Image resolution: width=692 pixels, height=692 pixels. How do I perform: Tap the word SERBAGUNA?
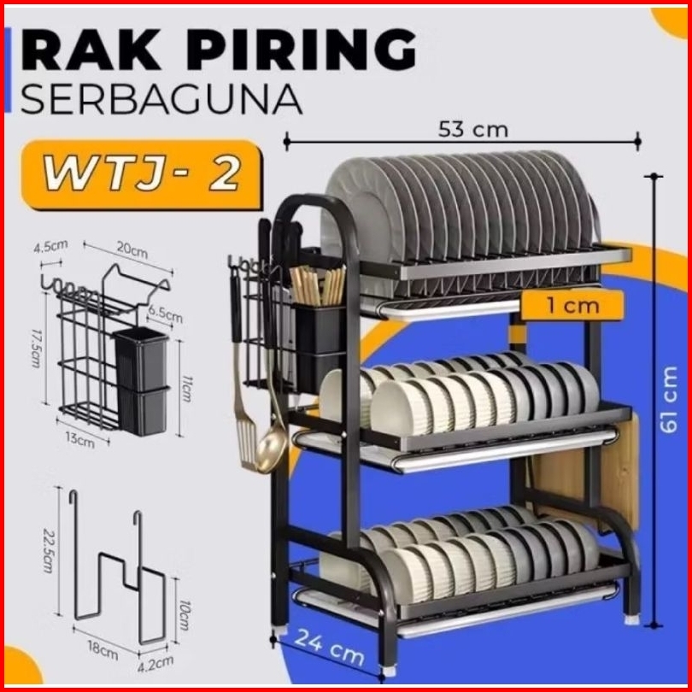[x=161, y=99]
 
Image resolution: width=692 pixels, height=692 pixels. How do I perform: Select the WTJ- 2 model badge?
[x=142, y=174]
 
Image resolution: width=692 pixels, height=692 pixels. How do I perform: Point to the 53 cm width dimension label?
[x=473, y=130]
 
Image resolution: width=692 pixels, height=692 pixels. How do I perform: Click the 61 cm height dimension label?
[x=669, y=400]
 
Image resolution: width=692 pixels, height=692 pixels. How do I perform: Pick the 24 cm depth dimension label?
[x=329, y=648]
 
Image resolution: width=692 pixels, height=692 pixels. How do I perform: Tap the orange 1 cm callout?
[x=573, y=305]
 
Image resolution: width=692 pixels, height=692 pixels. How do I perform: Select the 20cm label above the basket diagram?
[x=132, y=250]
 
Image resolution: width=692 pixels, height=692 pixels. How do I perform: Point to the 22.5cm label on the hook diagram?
[x=48, y=550]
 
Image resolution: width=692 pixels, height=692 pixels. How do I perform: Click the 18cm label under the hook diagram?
[x=103, y=649]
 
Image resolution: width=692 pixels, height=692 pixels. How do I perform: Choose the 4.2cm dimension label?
[x=155, y=663]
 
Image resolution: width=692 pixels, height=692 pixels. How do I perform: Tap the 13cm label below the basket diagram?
[x=80, y=440]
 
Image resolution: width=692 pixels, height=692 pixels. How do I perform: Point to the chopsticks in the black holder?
[x=318, y=285]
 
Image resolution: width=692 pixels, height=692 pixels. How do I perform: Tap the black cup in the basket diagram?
[x=142, y=381]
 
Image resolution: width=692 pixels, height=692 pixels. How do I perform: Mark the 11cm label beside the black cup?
[x=186, y=389]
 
